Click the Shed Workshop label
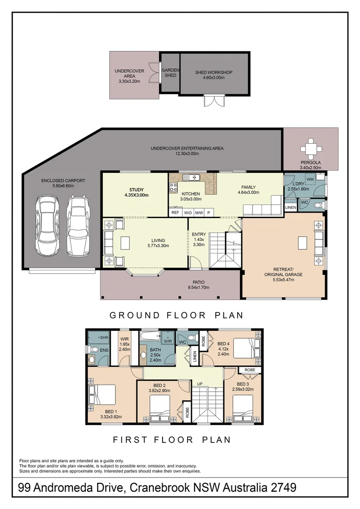(x=213, y=73)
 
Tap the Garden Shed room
(x=171, y=73)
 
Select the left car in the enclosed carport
(x=48, y=226)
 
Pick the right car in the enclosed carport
(x=78, y=226)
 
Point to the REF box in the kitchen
(x=175, y=213)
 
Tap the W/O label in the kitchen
(x=188, y=213)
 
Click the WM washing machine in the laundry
(x=310, y=179)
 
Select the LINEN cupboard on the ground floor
(x=291, y=207)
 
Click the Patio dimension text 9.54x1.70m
(x=198, y=287)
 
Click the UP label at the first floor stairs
(x=200, y=384)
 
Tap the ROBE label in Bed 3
(x=250, y=370)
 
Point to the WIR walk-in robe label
(x=124, y=339)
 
